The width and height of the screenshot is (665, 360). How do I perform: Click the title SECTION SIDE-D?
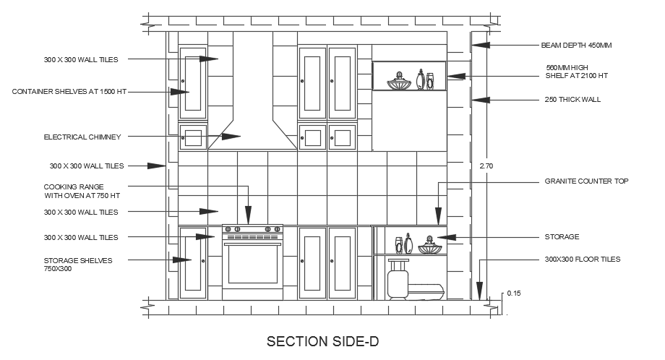click(322, 340)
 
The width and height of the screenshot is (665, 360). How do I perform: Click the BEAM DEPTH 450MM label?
click(576, 45)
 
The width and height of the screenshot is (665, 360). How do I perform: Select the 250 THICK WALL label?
click(572, 100)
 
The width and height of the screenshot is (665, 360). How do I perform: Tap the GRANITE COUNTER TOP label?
click(586, 181)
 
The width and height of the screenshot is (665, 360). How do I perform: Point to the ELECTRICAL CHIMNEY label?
click(82, 137)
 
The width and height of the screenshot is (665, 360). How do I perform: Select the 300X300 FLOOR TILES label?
click(582, 259)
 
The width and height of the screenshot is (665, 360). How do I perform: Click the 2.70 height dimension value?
click(487, 166)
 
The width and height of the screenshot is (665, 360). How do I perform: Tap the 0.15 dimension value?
click(513, 293)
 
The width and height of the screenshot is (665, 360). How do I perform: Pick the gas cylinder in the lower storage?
click(398, 278)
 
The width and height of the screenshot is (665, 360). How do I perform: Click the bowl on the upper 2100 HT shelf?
click(398, 83)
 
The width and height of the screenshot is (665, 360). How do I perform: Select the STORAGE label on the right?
click(561, 237)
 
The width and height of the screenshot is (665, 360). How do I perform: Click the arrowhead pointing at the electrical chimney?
click(231, 136)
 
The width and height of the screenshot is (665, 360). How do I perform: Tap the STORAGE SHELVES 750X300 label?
click(78, 264)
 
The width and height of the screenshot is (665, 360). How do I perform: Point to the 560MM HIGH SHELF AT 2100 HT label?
click(576, 71)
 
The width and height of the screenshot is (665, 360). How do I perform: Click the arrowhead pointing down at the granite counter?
click(437, 216)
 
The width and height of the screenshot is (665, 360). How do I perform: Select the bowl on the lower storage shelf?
click(429, 247)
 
